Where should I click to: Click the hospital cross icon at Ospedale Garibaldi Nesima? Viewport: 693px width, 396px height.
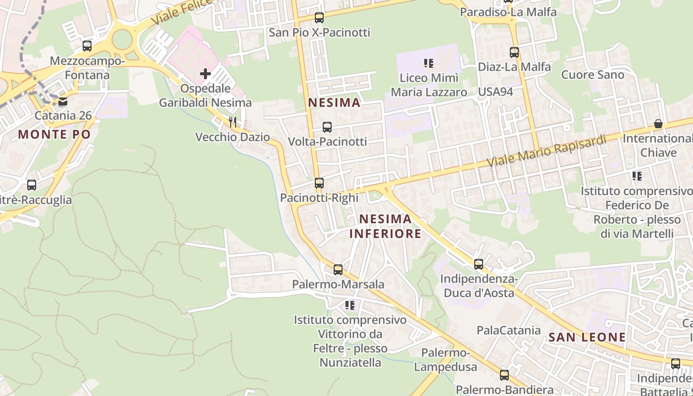pos(205,74)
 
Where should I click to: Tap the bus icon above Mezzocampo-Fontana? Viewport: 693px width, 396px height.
pos(87,46)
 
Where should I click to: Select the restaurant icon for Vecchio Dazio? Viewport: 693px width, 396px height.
pos(233,122)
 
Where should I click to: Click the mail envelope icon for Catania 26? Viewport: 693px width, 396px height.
pos(63,102)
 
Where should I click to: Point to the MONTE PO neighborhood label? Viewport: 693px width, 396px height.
pos(54,134)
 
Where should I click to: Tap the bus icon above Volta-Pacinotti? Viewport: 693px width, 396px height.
pos(327,127)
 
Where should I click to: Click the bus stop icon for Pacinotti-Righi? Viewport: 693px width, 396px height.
pos(319,183)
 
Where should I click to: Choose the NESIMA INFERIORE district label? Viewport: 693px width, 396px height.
pos(386,226)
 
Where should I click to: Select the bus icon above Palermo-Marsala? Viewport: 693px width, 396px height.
pos(338,270)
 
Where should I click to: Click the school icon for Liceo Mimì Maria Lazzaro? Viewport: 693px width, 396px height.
pos(429,63)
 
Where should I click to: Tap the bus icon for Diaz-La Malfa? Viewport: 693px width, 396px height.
pos(514,52)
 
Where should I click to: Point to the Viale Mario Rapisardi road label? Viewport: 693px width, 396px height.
pos(546,150)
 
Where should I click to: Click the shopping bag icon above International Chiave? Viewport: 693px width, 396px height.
pos(658,124)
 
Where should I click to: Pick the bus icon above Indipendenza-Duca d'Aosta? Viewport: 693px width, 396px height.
pos(479,264)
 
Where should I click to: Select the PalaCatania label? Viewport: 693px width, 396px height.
pos(508,330)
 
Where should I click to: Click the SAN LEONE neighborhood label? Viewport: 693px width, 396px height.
pos(587,338)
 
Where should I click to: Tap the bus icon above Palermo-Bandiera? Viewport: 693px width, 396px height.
pos(504,375)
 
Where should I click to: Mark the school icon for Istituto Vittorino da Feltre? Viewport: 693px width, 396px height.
pos(350,305)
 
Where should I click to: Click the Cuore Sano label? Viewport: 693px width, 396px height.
pos(593,75)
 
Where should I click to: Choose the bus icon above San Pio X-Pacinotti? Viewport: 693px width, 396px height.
pos(319,18)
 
